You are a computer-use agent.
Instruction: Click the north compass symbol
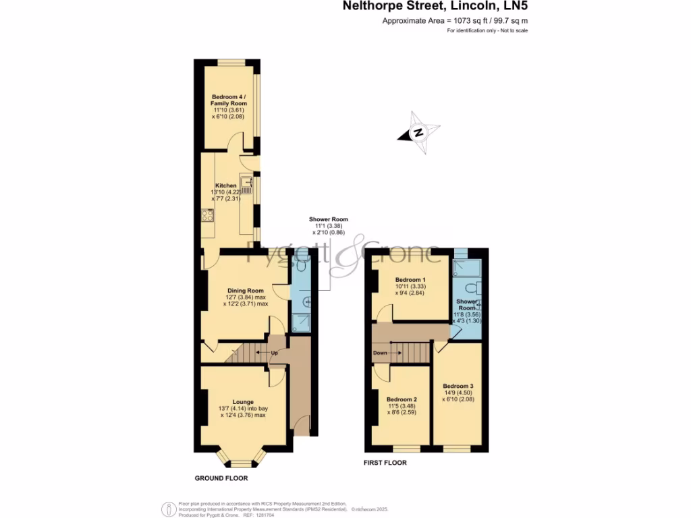(418, 133)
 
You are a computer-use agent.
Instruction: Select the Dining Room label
(244, 291)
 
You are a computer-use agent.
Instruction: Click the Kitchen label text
(226, 185)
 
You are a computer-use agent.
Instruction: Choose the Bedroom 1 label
(410, 279)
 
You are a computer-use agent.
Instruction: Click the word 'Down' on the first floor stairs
(380, 352)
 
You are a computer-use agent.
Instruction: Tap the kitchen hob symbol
(207, 215)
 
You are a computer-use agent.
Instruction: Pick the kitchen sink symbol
(247, 182)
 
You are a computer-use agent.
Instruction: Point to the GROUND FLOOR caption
(221, 478)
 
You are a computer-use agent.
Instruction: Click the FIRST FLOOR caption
(385, 463)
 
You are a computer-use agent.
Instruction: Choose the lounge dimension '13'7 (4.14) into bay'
(243, 409)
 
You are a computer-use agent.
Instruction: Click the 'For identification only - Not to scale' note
(487, 31)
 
